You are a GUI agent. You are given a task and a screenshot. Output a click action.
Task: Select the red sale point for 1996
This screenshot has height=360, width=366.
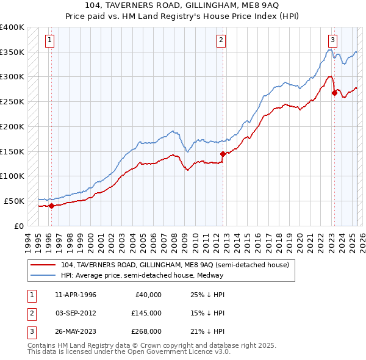[51, 206]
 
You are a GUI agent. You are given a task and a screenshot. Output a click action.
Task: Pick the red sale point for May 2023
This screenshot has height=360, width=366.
[334, 93]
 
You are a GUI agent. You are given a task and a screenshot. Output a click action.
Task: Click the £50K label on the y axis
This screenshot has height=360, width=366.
[15, 201]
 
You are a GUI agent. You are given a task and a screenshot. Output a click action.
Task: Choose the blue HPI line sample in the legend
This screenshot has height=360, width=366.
[43, 275]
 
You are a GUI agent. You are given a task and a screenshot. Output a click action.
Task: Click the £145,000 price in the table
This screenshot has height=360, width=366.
[147, 313]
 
